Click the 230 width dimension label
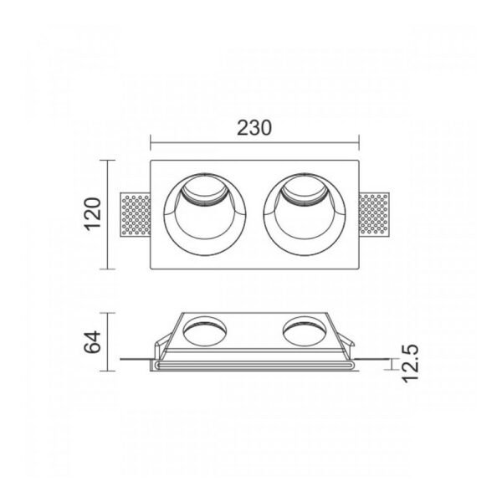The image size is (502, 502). [x=254, y=128]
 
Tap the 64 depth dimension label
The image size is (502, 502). [x=93, y=342]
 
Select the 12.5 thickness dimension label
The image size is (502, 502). [x=410, y=364]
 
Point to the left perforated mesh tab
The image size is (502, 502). [x=135, y=215]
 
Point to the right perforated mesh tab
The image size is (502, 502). [x=374, y=215]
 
